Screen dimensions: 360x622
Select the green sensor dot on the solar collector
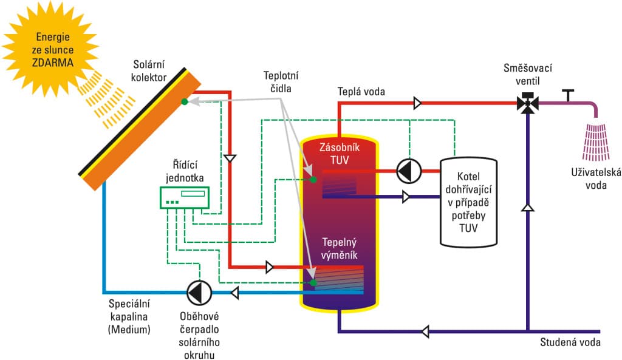(184, 102)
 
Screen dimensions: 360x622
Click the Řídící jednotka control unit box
(184, 197)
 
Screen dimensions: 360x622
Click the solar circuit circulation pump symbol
(198, 293)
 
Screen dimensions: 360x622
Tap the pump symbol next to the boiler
(408, 171)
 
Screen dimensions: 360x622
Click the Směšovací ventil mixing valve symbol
(528, 103)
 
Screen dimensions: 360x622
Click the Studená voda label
(570, 342)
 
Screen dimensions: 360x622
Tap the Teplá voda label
(361, 91)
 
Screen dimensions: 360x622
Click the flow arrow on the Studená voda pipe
(426, 331)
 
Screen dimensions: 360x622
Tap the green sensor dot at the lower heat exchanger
(313, 283)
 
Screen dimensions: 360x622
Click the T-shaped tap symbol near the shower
(568, 95)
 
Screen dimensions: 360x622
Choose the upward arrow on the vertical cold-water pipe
(528, 208)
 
